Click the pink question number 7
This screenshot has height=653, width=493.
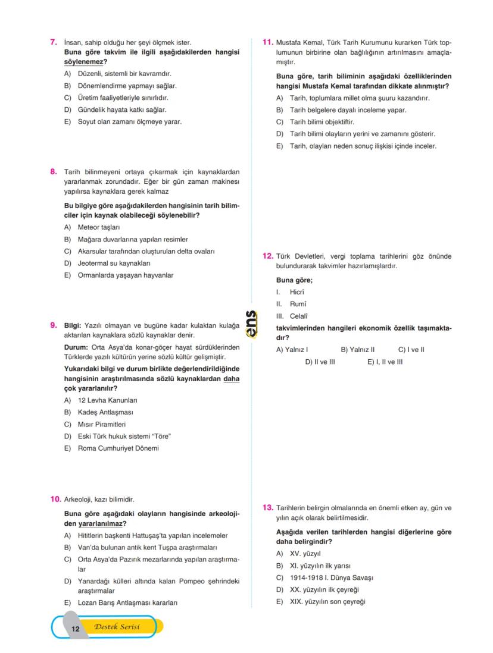click(53, 42)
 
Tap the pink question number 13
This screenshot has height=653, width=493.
click(267, 507)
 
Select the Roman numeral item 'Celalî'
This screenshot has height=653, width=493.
click(298, 316)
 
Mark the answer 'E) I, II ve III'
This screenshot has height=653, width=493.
click(385, 362)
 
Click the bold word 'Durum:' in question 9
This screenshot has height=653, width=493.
click(77, 347)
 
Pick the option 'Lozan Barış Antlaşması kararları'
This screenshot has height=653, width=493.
click(127, 602)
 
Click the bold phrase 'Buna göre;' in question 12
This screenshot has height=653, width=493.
click(294, 280)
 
